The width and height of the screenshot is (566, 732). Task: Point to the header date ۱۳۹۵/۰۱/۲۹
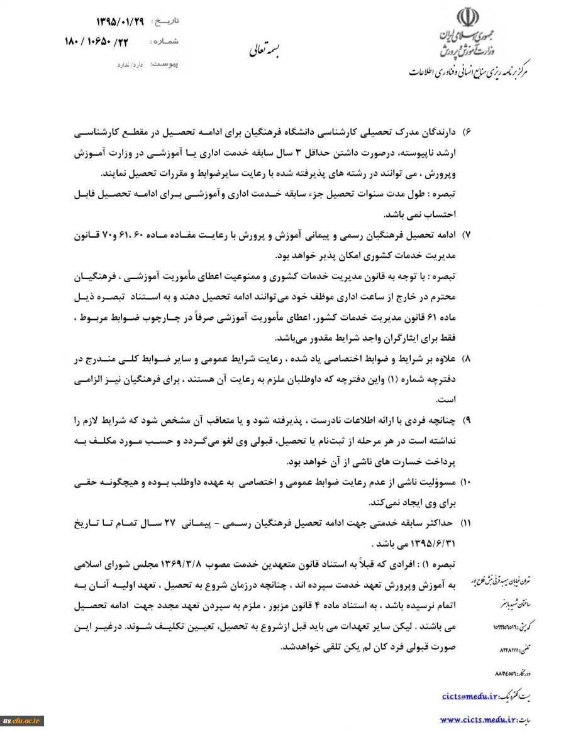pos(120,21)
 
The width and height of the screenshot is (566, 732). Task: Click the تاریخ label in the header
pos(165,21)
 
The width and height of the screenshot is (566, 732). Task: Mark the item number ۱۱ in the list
pos(466,523)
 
